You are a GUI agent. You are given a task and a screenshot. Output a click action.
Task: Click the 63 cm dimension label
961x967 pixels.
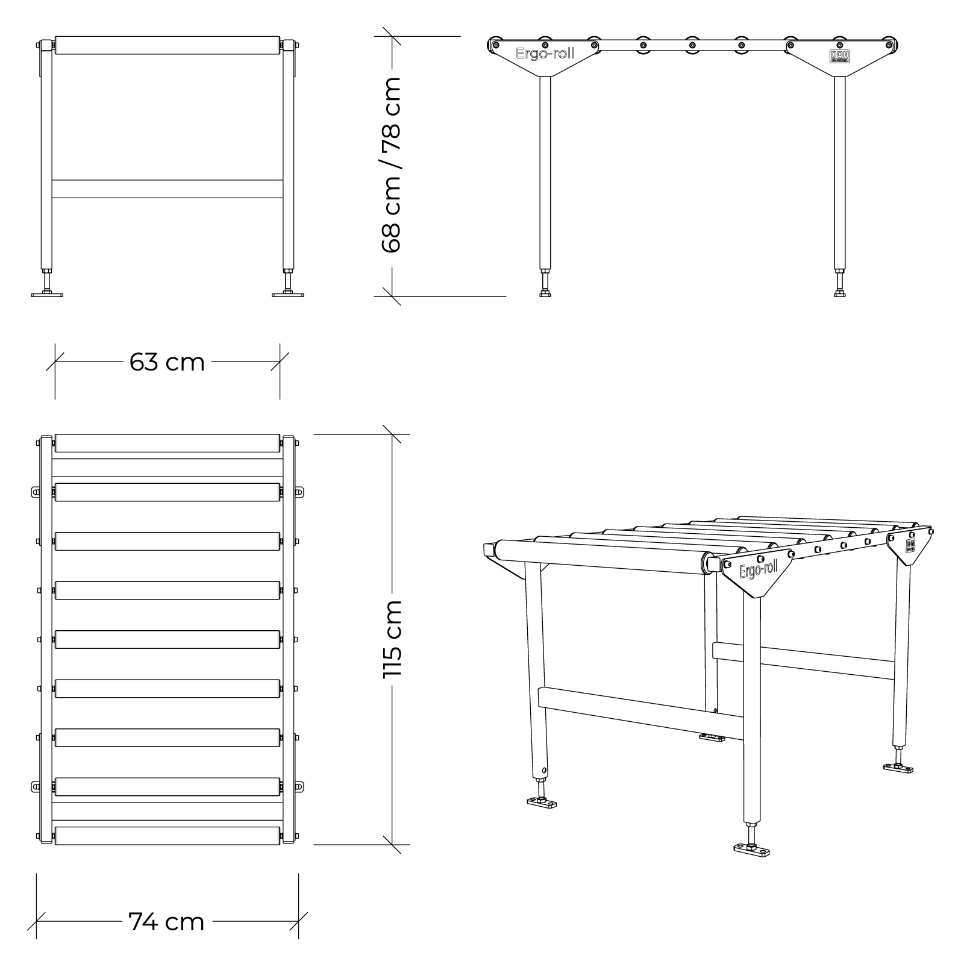tap(167, 363)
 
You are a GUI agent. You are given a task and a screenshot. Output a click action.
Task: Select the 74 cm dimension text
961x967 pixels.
tap(166, 922)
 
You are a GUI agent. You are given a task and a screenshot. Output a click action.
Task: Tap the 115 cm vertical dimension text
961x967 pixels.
tap(393, 639)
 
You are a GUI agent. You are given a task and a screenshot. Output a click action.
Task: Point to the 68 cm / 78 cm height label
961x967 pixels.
tap(392, 165)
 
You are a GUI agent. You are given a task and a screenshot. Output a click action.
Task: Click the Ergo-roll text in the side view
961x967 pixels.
tap(545, 54)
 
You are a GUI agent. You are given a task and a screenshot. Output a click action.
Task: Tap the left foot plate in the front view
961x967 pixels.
tap(47, 294)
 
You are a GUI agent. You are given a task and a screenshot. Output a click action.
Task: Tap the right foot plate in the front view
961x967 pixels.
tap(288, 294)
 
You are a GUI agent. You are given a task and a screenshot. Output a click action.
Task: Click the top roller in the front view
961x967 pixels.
tap(167, 46)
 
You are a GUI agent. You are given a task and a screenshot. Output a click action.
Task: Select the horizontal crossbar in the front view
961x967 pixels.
tap(167, 189)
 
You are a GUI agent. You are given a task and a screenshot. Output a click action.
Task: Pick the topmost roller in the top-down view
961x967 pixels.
tap(167, 443)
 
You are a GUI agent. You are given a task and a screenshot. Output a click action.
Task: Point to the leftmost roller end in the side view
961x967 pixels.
tap(495, 44)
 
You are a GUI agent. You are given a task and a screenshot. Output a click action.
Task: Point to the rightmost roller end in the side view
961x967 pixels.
tap(888, 44)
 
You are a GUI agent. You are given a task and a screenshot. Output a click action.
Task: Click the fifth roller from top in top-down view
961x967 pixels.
tap(167, 639)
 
